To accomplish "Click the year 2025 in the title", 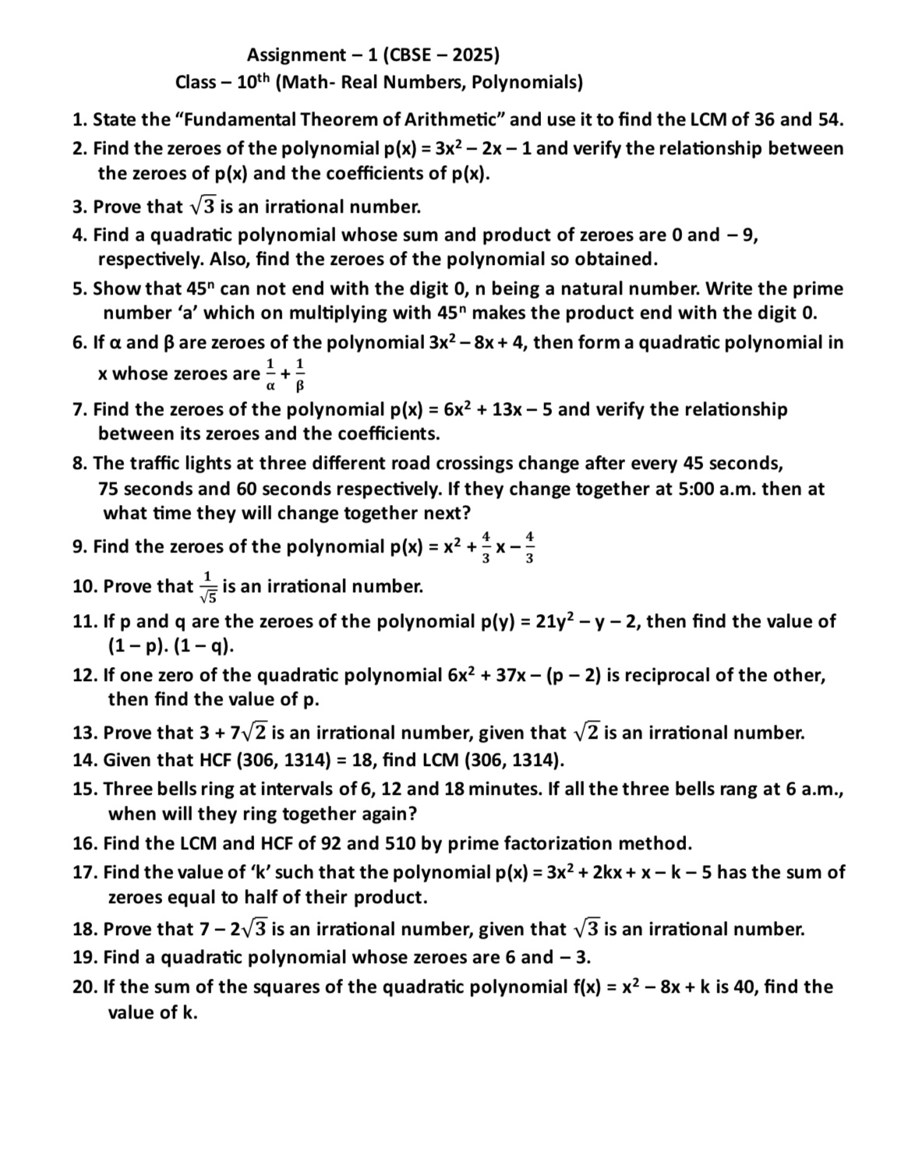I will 472,55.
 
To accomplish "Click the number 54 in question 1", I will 830,119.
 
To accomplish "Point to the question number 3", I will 79,207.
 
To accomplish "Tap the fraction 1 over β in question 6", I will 300,374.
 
